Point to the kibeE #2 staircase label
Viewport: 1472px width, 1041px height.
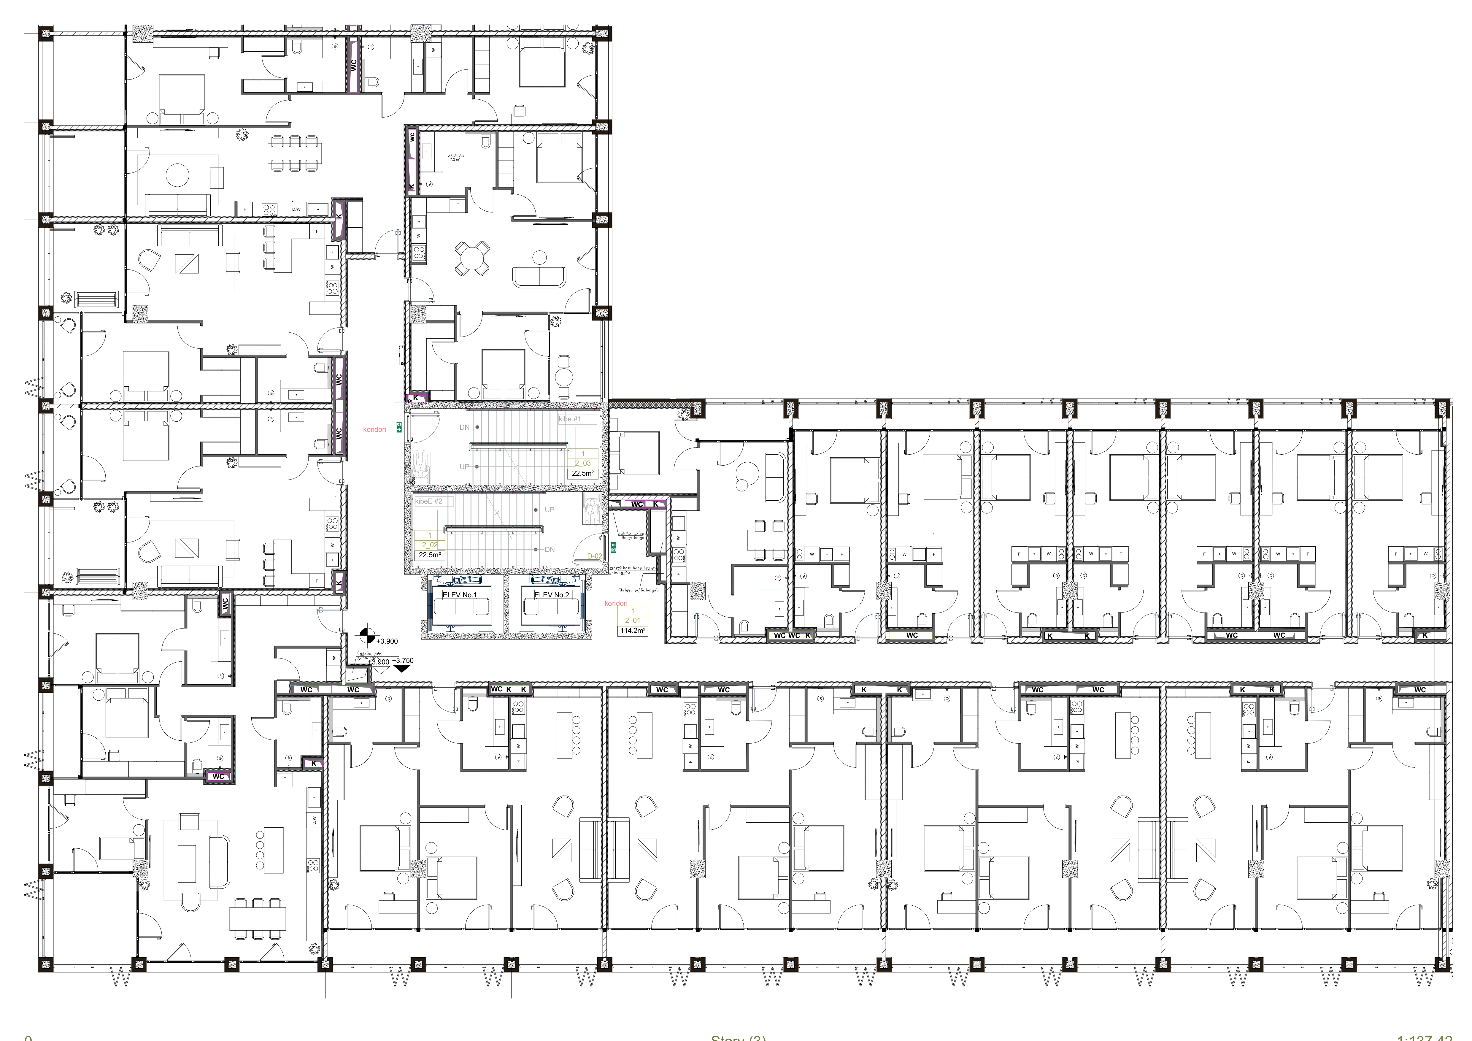click(429, 501)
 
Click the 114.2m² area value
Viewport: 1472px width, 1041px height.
click(632, 631)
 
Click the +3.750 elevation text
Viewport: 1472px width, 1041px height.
click(403, 660)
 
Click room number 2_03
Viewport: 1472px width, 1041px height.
click(582, 463)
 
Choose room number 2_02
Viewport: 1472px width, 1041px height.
click(430, 545)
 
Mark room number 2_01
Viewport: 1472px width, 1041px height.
click(632, 621)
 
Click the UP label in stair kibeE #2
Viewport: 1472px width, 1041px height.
click(550, 510)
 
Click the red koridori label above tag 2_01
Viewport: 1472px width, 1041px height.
click(615, 603)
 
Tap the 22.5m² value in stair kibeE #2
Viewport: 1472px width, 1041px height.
click(430, 555)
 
